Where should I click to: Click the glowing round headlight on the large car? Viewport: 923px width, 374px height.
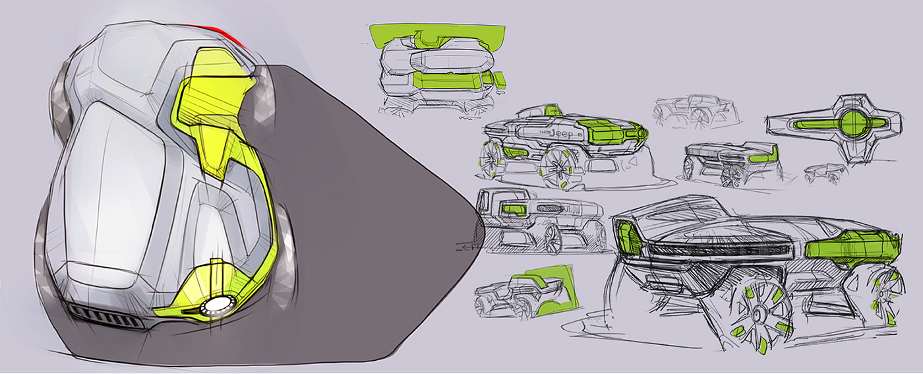click(216, 305)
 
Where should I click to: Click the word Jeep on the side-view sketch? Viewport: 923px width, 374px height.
click(562, 133)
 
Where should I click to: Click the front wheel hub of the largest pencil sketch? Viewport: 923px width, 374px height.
click(759, 315)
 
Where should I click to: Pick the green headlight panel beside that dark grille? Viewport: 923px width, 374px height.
click(630, 237)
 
